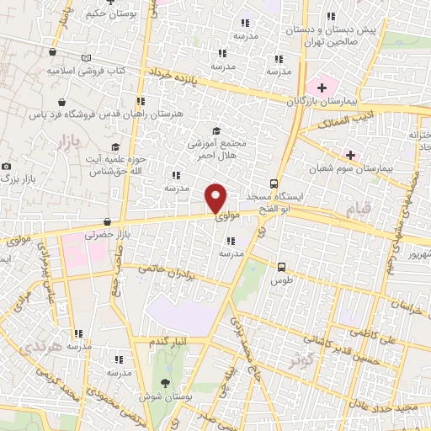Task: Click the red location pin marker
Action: point(216,197)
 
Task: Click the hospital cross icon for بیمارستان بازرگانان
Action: point(322,88)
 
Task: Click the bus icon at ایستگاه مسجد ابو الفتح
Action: point(274,184)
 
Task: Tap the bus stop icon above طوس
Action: point(282,268)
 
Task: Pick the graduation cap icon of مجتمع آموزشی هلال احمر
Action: point(216,130)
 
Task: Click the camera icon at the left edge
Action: point(7,167)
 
